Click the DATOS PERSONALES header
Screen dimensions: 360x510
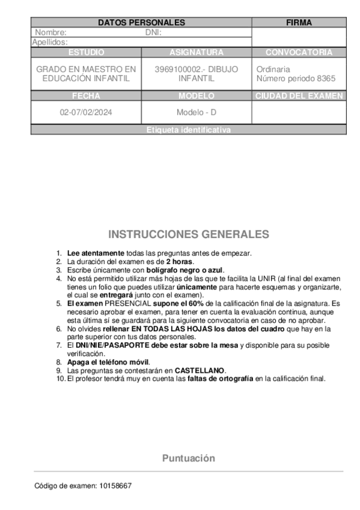141,23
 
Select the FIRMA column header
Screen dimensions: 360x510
299,23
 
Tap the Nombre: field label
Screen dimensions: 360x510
51,32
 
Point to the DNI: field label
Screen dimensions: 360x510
154,32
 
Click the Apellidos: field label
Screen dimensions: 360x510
50,42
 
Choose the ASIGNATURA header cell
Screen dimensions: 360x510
197,52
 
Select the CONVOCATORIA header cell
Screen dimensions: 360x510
299,52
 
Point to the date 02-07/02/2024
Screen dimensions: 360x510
86,112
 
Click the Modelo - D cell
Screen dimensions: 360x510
197,112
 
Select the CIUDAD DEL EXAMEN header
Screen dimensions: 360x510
299,96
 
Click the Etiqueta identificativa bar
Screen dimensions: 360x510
188,130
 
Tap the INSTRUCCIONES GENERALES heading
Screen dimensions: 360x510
189,234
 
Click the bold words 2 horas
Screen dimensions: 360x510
180,262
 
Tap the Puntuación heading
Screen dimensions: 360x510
188,458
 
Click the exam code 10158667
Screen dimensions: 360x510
117,485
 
